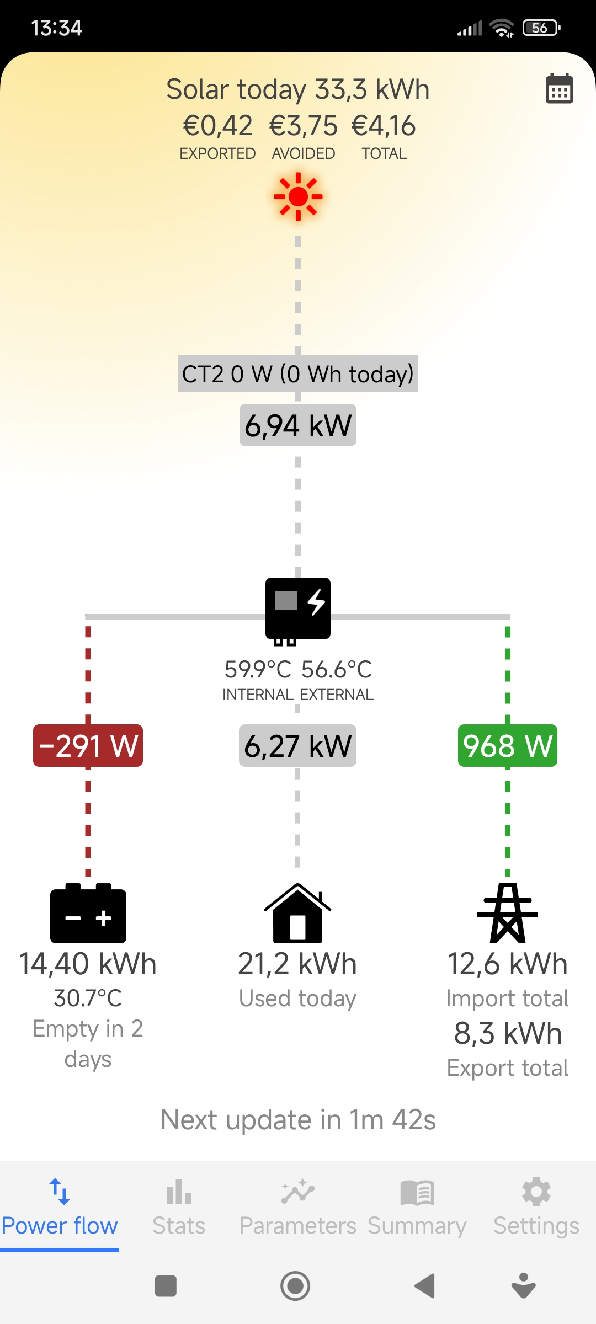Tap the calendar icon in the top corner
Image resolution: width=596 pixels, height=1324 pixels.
pos(559,88)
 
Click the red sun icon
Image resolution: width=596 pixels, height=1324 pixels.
pos(298,196)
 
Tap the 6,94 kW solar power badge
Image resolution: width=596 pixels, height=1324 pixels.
pos(298,425)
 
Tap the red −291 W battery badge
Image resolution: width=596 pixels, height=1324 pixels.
pos(88,746)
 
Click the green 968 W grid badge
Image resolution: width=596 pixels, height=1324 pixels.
pos(508,746)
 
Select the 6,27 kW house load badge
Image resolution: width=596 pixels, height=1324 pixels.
pos(298,746)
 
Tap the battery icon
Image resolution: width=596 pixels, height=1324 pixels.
pos(88,913)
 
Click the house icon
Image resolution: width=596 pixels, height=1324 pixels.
pos(298,913)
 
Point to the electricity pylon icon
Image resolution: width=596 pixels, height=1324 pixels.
pos(508,913)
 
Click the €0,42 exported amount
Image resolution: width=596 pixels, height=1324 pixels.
pos(218,126)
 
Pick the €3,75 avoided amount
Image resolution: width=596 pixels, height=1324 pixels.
pos(304,126)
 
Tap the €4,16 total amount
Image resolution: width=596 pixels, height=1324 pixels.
pos(384,126)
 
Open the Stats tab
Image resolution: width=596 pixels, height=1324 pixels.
pos(179,1208)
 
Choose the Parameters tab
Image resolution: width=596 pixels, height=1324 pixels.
pos(298,1208)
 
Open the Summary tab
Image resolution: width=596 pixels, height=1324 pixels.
pos(417,1208)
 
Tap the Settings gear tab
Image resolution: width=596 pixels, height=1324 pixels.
pos(536,1208)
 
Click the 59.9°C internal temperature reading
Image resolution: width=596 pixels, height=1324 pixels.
pos(258,670)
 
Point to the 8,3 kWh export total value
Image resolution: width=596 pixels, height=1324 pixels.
pos(508,1033)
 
